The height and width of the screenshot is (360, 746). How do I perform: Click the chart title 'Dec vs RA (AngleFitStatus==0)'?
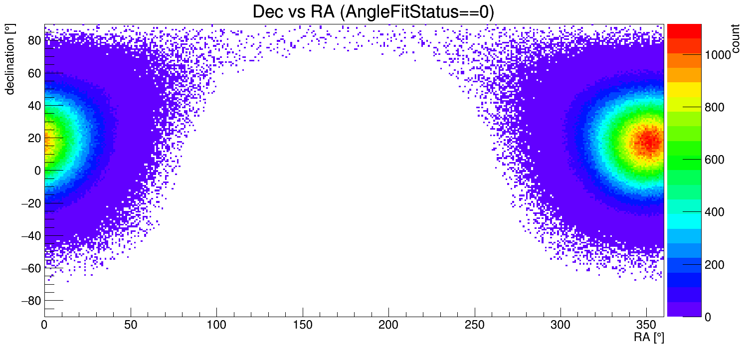tap(373, 12)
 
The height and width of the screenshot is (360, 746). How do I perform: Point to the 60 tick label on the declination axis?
tap(33, 73)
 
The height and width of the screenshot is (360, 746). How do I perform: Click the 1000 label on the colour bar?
tap(718, 55)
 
